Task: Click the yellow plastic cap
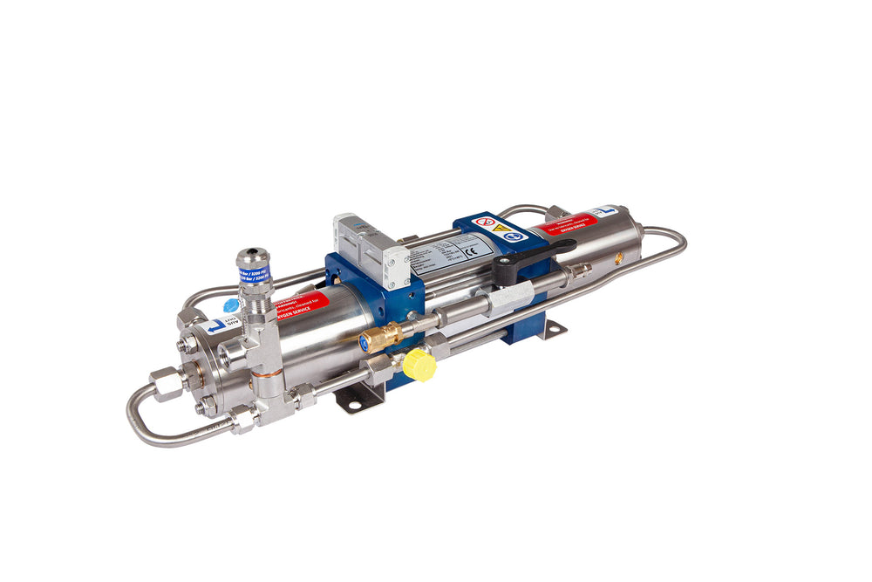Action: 420,365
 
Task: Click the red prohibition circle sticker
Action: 487,223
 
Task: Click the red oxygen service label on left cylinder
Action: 302,305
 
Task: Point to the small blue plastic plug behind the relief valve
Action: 230,305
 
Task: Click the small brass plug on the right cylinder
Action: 619,258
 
